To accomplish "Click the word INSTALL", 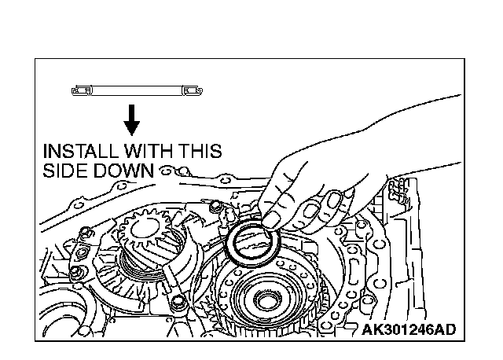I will tap(76, 150).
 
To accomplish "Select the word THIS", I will tap(200, 150).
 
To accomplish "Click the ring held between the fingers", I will tap(251, 241).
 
